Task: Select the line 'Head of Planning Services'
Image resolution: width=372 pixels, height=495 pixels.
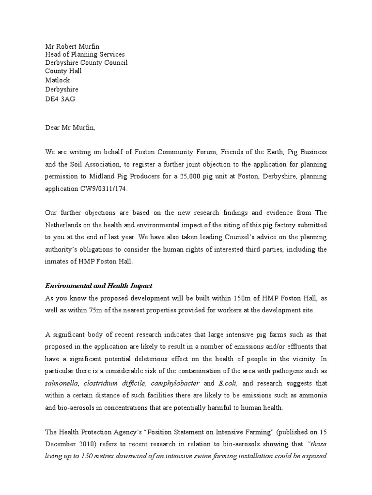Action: click(x=85, y=55)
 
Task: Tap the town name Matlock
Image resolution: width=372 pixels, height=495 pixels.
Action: click(x=58, y=81)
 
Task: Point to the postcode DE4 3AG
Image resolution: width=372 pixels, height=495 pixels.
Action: click(x=60, y=99)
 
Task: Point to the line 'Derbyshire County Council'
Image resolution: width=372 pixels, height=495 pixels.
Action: click(x=86, y=63)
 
